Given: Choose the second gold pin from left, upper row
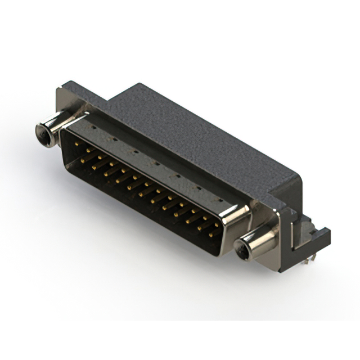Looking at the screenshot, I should click(x=88, y=151).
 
